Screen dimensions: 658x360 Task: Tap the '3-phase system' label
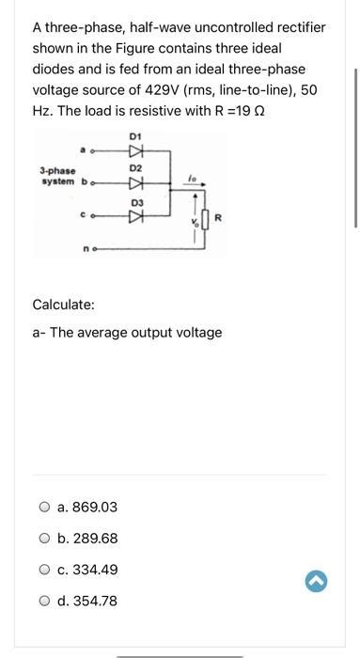point(57,176)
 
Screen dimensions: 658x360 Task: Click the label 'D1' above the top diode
point(134,136)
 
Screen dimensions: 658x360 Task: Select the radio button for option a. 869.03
point(44,508)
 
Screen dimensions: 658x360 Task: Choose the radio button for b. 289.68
point(44,539)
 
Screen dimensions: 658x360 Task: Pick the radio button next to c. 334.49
point(44,570)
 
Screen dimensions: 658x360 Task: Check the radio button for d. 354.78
point(44,601)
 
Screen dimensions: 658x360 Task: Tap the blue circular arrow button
point(316,583)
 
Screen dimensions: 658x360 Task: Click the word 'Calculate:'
point(64,305)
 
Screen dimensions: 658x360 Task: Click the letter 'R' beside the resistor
point(217,219)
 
